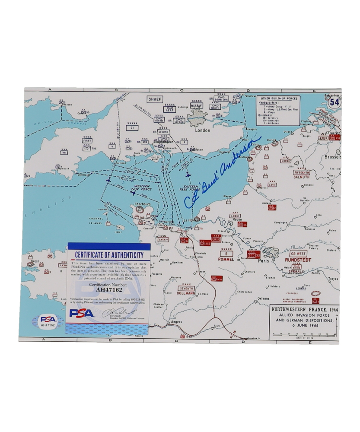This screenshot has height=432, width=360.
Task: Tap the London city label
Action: tap(202, 130)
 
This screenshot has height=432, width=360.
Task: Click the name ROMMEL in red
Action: tap(226, 259)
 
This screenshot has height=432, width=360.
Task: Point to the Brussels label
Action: tap(332, 157)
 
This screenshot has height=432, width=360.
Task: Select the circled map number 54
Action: tap(334, 102)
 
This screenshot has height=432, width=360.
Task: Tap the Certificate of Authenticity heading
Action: tap(109, 255)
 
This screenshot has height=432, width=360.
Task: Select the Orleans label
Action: tap(262, 299)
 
